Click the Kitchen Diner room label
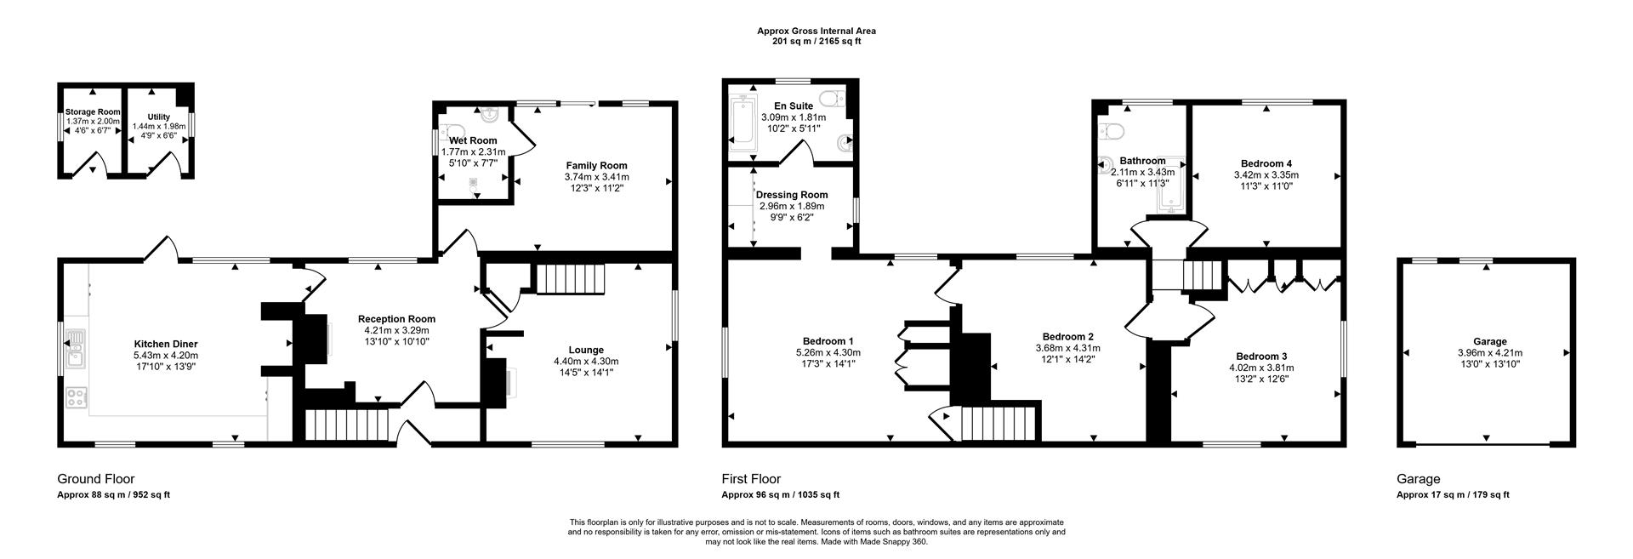tap(166, 345)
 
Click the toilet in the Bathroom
tap(1112, 129)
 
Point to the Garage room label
tap(1489, 341)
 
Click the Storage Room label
tap(93, 111)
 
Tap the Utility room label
tap(159, 117)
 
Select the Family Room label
tap(596, 166)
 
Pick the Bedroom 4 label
tap(1266, 163)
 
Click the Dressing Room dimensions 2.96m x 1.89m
tap(791, 206)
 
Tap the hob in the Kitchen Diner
tap(76, 397)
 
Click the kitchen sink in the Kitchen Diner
tap(76, 349)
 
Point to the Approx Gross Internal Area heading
tap(816, 31)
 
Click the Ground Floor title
tap(95, 479)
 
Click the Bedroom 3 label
tap(1260, 357)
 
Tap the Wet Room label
tap(474, 140)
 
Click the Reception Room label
tap(396, 319)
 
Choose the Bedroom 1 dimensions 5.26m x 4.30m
tap(828, 352)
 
